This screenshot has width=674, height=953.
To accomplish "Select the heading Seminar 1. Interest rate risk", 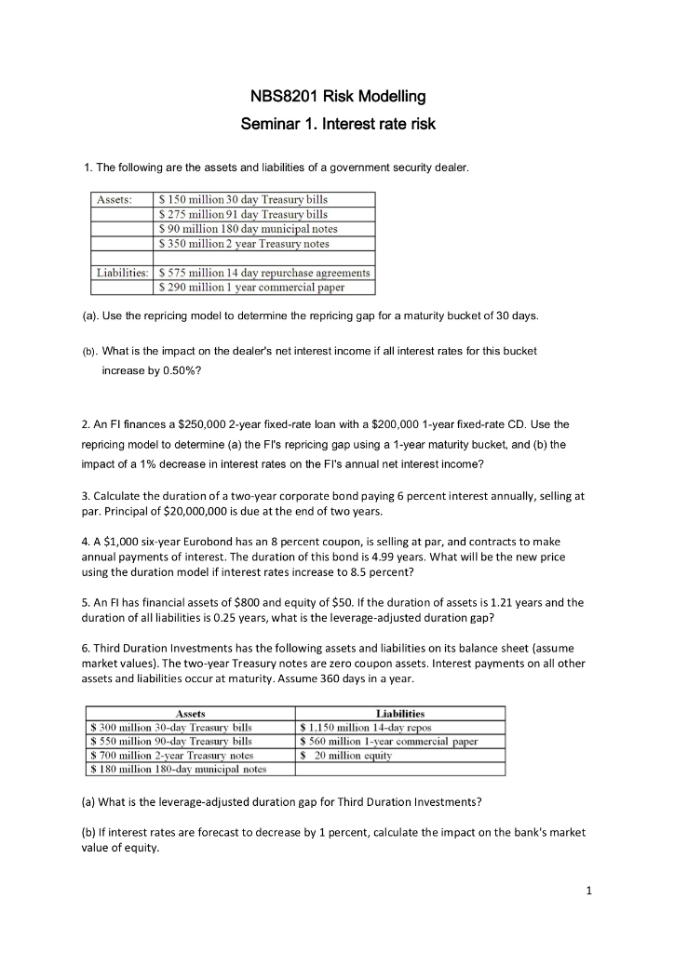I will [x=338, y=124].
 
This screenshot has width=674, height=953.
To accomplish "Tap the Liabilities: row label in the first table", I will [x=123, y=273].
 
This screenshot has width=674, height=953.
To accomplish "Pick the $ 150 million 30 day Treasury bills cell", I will [x=244, y=199].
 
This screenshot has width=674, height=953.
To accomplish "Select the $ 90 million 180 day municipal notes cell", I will [x=249, y=229].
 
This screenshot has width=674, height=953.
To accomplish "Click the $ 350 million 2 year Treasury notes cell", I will [x=245, y=244].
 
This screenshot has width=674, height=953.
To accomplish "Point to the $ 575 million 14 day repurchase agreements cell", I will [x=265, y=273].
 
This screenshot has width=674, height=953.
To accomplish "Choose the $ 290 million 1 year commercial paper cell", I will [x=252, y=288].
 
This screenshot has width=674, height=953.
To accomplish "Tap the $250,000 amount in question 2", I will [x=201, y=424].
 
